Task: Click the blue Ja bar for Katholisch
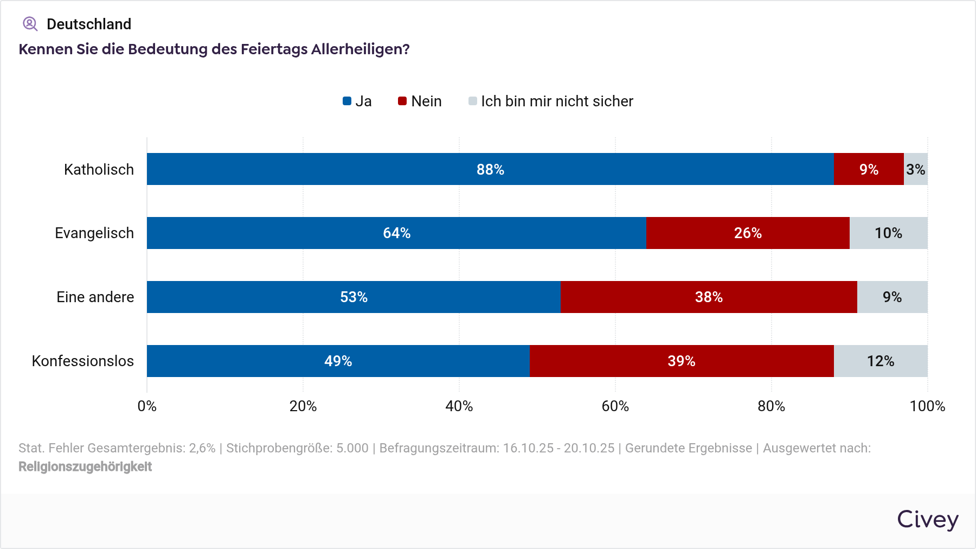[x=490, y=169]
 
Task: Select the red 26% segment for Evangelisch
[x=748, y=233]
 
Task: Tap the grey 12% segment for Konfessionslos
[x=881, y=361]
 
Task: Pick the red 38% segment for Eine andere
[x=709, y=297]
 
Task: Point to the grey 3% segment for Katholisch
[x=916, y=169]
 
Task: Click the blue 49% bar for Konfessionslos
[x=338, y=361]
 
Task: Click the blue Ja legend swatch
[x=347, y=101]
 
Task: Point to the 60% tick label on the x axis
[x=615, y=406]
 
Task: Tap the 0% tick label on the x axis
[x=147, y=406]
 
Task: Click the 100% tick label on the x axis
[x=927, y=406]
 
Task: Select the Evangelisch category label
[x=94, y=233]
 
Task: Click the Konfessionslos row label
[x=83, y=361]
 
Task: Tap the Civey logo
[x=927, y=520]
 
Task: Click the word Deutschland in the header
[x=89, y=24]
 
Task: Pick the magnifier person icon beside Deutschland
[x=30, y=24]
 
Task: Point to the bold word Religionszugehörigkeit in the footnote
[x=85, y=467]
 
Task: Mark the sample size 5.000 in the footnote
[x=352, y=448]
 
